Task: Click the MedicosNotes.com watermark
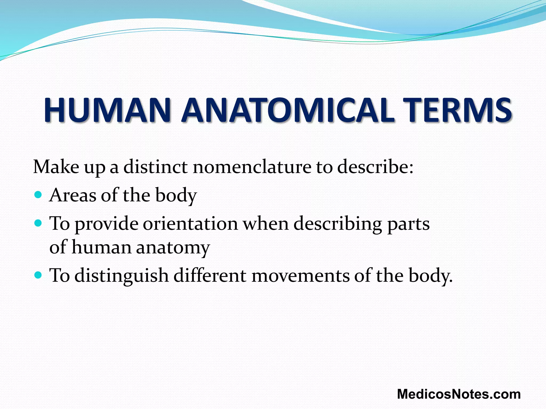point(459,394)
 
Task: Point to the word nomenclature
point(252,167)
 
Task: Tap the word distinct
point(155,167)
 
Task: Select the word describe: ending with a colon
point(375,167)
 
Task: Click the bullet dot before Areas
point(38,195)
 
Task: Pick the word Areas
point(73,195)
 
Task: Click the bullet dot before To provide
point(38,223)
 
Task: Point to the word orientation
point(190,223)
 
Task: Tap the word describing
point(338,224)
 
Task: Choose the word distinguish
point(122,276)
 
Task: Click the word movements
point(300,275)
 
